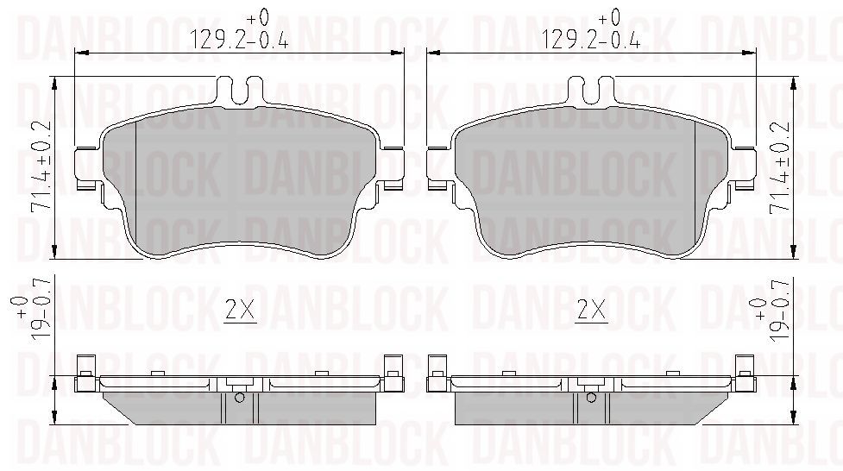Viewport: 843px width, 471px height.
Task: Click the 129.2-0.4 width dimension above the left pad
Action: click(x=239, y=32)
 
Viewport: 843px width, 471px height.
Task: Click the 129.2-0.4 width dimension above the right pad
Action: click(x=590, y=32)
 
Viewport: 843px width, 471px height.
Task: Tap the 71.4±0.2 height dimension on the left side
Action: click(x=41, y=165)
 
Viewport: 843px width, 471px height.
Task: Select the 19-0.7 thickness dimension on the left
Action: click(x=34, y=308)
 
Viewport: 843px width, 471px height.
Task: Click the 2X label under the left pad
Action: click(x=240, y=311)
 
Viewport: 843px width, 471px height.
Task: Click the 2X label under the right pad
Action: click(x=591, y=311)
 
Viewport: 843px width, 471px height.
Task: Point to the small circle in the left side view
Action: click(x=240, y=398)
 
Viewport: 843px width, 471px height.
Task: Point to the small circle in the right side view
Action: click(x=591, y=398)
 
